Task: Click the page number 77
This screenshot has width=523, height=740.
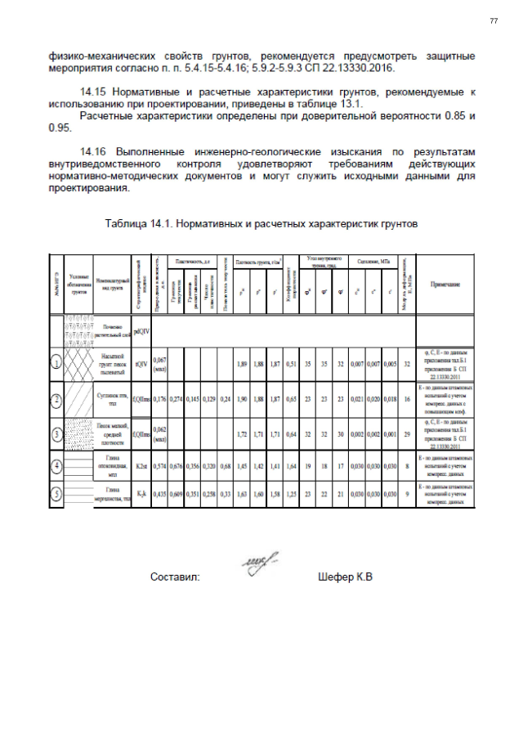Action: click(493, 20)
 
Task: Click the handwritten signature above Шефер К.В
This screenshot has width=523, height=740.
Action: click(260, 562)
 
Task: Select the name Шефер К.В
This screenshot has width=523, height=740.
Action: click(344, 577)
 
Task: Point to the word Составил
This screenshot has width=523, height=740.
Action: click(175, 577)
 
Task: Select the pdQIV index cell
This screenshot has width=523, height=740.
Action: click(140, 331)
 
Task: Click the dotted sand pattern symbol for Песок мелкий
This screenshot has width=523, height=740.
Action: click(78, 433)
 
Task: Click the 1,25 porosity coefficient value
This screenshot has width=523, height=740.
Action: click(291, 493)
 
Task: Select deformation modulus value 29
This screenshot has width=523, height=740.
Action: click(406, 433)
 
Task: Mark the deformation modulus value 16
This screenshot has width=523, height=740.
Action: click(406, 399)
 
